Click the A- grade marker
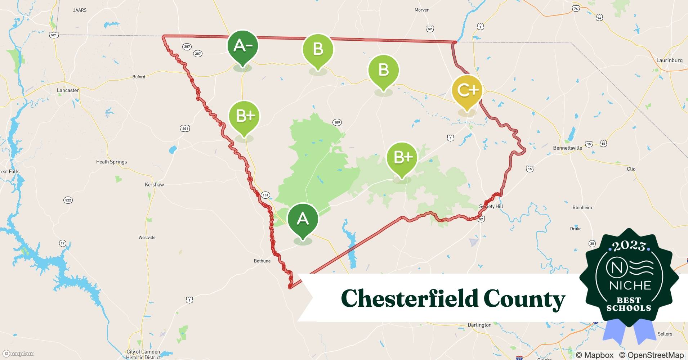pyautogui.click(x=242, y=46)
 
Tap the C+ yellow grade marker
pyautogui.click(x=467, y=91)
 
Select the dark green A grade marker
pyautogui.click(x=303, y=219)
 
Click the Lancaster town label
pyautogui.click(x=68, y=90)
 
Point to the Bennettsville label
pyautogui.click(x=567, y=148)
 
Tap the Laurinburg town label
pyautogui.click(x=669, y=60)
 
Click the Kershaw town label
pyautogui.click(x=154, y=185)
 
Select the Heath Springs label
pyautogui.click(x=111, y=162)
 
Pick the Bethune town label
pyautogui.click(x=262, y=261)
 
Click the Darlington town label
pyautogui.click(x=479, y=325)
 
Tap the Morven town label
pyautogui.click(x=422, y=10)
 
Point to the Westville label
pyautogui.click(x=147, y=238)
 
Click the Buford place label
pyautogui.click(x=139, y=77)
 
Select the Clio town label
pyautogui.click(x=631, y=169)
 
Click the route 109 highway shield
pyautogui.click(x=337, y=122)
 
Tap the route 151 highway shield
pyautogui.click(x=265, y=195)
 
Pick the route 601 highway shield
pyautogui.click(x=185, y=129)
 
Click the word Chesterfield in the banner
pyautogui.click(x=409, y=299)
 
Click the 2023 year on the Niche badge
pyautogui.click(x=629, y=246)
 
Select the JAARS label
pyautogui.click(x=80, y=10)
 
